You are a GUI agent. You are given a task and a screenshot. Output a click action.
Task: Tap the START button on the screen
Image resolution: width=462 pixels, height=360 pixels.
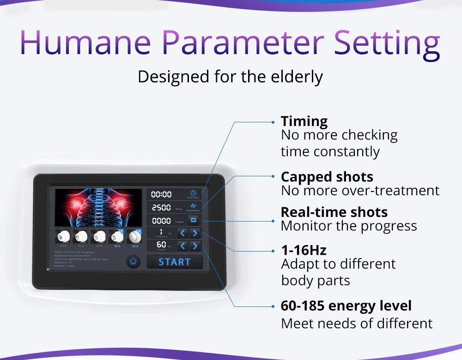(x=174, y=262)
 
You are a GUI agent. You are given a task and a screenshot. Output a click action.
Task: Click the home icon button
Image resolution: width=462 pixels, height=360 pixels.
(x=133, y=261)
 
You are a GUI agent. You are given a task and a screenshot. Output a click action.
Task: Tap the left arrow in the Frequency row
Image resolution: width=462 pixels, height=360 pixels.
(x=182, y=233)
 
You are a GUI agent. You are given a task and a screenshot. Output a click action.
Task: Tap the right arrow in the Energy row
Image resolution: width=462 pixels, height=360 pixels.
(x=195, y=246)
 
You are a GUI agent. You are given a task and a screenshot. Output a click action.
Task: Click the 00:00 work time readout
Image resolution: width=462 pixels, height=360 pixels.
(x=161, y=195)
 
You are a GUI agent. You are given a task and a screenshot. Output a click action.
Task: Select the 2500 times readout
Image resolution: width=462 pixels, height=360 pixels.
(x=161, y=208)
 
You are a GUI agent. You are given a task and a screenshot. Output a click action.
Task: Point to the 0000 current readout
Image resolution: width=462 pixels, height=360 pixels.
(x=161, y=221)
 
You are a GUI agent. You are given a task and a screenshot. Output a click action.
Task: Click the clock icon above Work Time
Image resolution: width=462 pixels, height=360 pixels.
(x=193, y=192)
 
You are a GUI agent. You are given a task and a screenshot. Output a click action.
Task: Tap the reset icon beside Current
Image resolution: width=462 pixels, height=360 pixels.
(x=193, y=220)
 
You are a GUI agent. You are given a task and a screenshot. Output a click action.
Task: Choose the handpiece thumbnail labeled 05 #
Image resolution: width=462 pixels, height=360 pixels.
(x=135, y=236)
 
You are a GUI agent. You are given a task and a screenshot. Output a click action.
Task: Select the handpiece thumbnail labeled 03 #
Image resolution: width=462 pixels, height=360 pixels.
(x=99, y=236)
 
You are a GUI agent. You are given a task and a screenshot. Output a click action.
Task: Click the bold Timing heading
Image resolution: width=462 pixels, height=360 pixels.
(x=304, y=121)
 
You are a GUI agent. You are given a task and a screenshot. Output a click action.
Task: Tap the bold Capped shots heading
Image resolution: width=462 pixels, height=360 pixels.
(x=327, y=177)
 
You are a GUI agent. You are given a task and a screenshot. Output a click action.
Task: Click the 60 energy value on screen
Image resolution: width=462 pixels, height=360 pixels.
(x=161, y=244)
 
